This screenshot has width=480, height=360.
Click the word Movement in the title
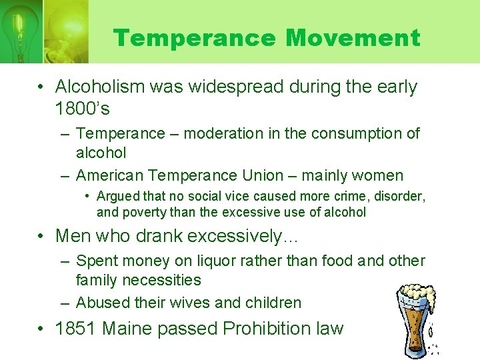(x=353, y=38)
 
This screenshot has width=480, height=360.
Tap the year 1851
(x=77, y=329)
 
